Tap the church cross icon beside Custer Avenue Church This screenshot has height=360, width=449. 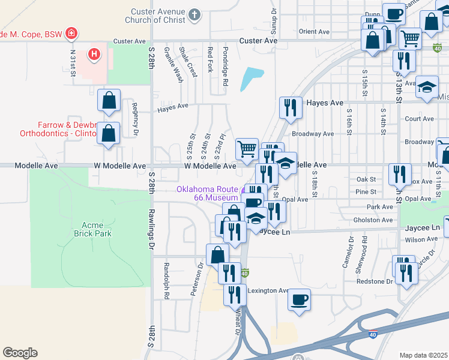click(194, 14)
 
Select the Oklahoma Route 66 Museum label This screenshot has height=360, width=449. click(207, 193)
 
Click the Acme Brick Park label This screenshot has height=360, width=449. click(92, 227)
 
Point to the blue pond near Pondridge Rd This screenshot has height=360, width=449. click(252, 79)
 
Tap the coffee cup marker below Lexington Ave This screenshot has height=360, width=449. click(299, 299)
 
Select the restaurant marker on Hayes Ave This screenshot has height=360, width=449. click(291, 107)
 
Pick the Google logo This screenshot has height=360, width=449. click(20, 353)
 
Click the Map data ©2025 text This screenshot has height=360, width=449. click(423, 355)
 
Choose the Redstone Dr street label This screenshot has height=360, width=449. click(377, 281)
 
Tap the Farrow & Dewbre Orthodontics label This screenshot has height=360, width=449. click(59, 129)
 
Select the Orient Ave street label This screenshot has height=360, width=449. click(315, 31)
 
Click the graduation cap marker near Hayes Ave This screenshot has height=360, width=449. click(427, 88)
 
